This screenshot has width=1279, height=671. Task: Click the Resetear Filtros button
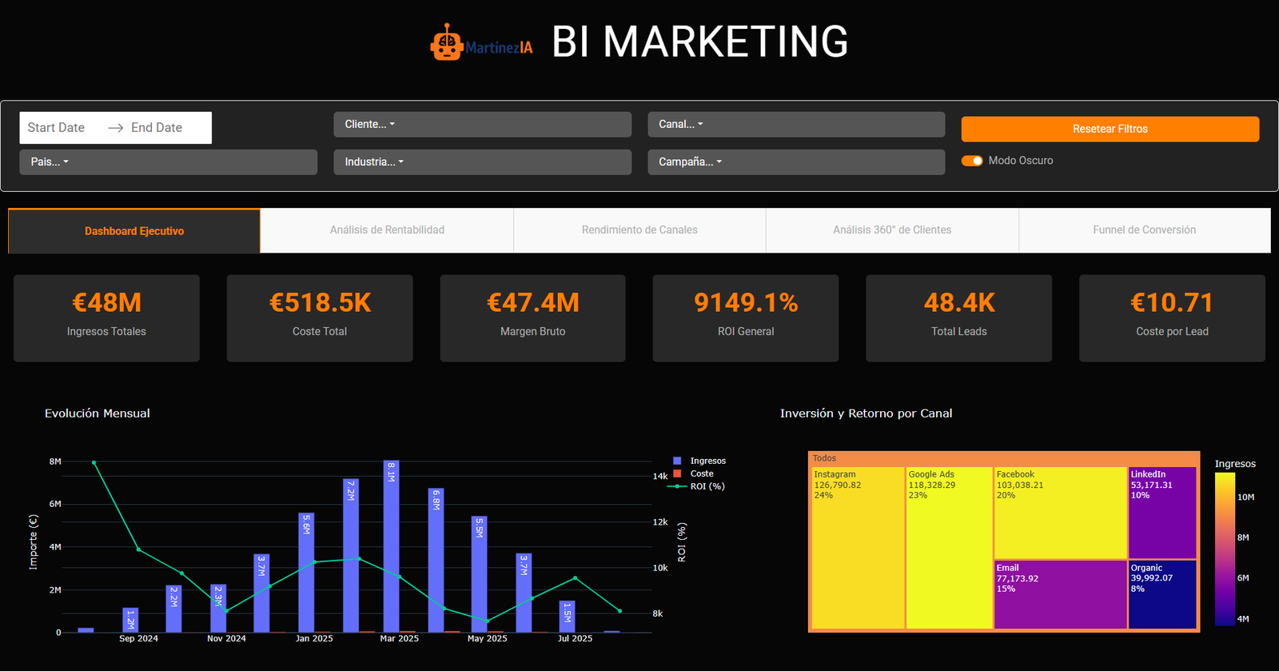(1110, 129)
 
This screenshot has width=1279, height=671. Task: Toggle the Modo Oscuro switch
(972, 161)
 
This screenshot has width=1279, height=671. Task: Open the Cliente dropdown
(482, 124)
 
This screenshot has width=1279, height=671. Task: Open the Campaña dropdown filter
(795, 162)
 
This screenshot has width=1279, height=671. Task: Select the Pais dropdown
(168, 162)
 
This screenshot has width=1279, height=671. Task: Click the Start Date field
(57, 128)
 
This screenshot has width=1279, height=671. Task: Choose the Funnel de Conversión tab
(1144, 230)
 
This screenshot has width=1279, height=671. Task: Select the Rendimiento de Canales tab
(639, 230)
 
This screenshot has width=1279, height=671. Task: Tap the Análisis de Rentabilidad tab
(387, 230)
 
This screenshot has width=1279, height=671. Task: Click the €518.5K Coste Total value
(320, 303)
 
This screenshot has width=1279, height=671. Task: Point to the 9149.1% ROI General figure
(746, 303)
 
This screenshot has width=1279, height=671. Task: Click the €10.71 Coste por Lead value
(1172, 303)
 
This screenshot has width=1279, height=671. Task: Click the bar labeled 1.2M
(130, 621)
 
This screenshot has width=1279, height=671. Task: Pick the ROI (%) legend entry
(707, 486)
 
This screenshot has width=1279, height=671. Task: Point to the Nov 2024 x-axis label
(226, 638)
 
